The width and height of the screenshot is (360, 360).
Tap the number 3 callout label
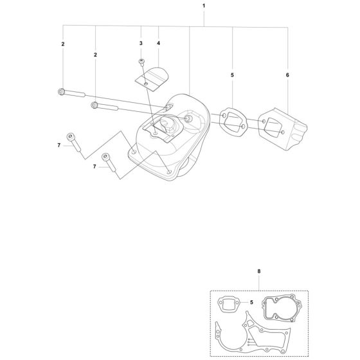point(141,42)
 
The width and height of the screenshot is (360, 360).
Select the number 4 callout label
point(158,42)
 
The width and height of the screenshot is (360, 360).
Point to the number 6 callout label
point(288,75)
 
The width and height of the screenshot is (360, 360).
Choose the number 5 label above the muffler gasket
point(231,75)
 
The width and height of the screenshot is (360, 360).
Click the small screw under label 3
point(141,60)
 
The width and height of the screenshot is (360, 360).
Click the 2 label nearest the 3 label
point(95,56)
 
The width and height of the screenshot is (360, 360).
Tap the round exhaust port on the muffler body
point(190,120)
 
